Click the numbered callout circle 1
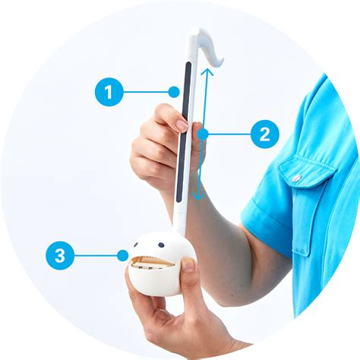(109, 93)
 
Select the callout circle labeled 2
(264, 134)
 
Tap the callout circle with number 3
(60, 256)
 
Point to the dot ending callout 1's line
(174, 93)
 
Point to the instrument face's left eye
(137, 246)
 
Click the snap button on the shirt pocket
(296, 179)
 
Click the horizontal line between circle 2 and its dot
(228, 134)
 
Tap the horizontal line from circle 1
(148, 93)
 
